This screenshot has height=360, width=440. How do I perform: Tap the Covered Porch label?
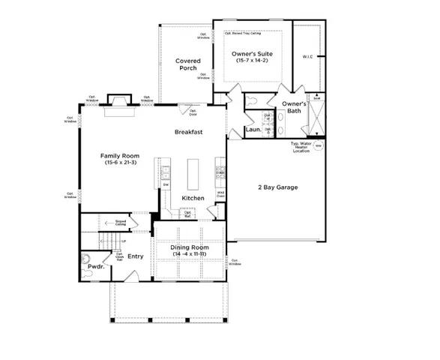pos(187,64)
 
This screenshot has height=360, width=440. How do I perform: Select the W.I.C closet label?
pos(307,55)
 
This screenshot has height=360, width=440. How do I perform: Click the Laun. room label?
pos(253,130)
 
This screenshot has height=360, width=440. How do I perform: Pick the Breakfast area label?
pos(190,131)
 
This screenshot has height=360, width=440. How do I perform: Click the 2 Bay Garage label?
pos(274,187)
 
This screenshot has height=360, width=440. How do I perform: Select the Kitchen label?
pos(193,198)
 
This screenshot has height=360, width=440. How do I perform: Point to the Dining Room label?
pos(188,247)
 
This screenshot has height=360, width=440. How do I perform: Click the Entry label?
pos(135,257)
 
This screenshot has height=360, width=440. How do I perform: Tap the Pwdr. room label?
pos(96,265)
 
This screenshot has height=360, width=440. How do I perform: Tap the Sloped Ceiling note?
pos(120,222)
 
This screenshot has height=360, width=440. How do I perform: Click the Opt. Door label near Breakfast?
pos(193,113)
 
